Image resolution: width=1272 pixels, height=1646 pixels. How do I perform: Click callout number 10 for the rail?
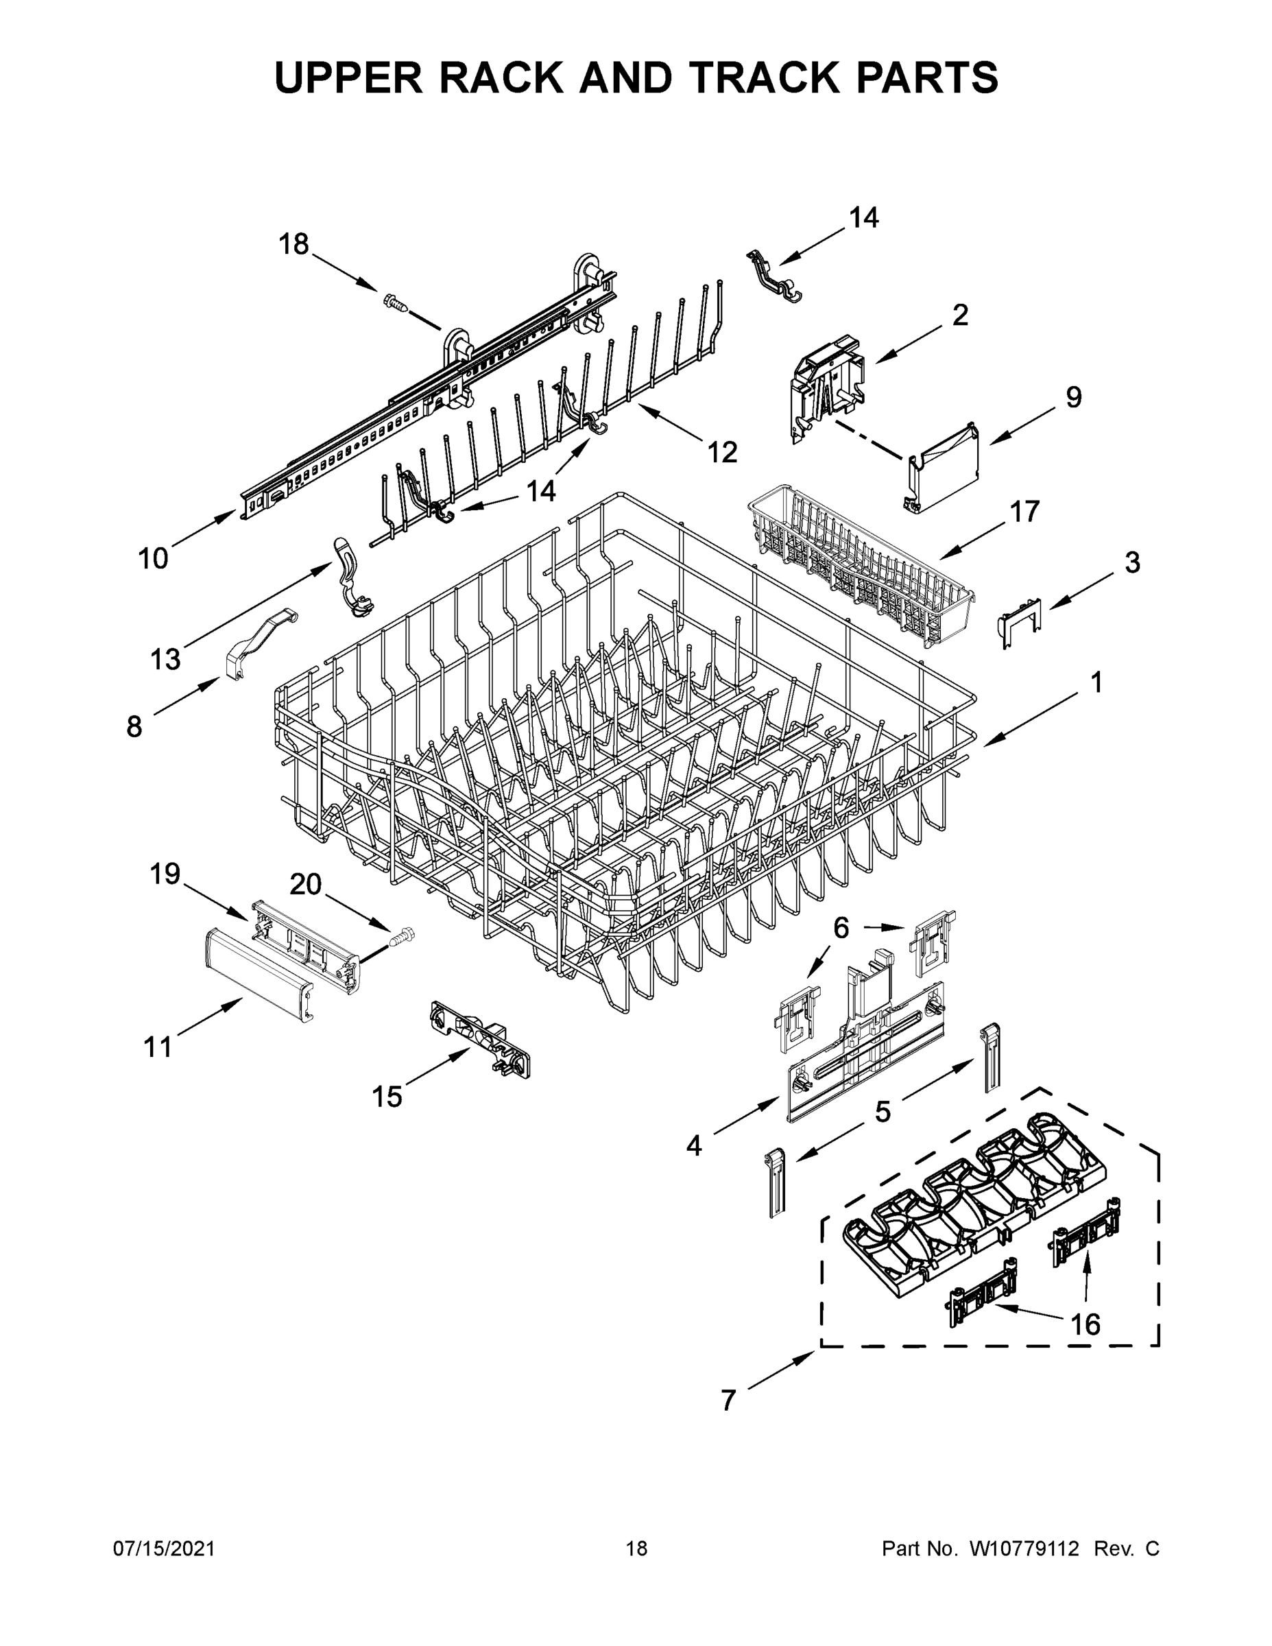pyautogui.click(x=153, y=558)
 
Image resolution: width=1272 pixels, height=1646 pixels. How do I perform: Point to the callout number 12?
pyautogui.click(x=721, y=451)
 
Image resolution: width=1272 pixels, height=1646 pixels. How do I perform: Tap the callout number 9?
pyautogui.click(x=1073, y=396)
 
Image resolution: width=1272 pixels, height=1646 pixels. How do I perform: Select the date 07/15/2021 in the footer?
pyautogui.click(x=165, y=1548)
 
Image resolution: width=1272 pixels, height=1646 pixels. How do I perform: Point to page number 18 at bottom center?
pyautogui.click(x=637, y=1548)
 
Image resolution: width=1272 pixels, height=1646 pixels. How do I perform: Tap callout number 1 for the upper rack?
pyautogui.click(x=1096, y=682)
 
